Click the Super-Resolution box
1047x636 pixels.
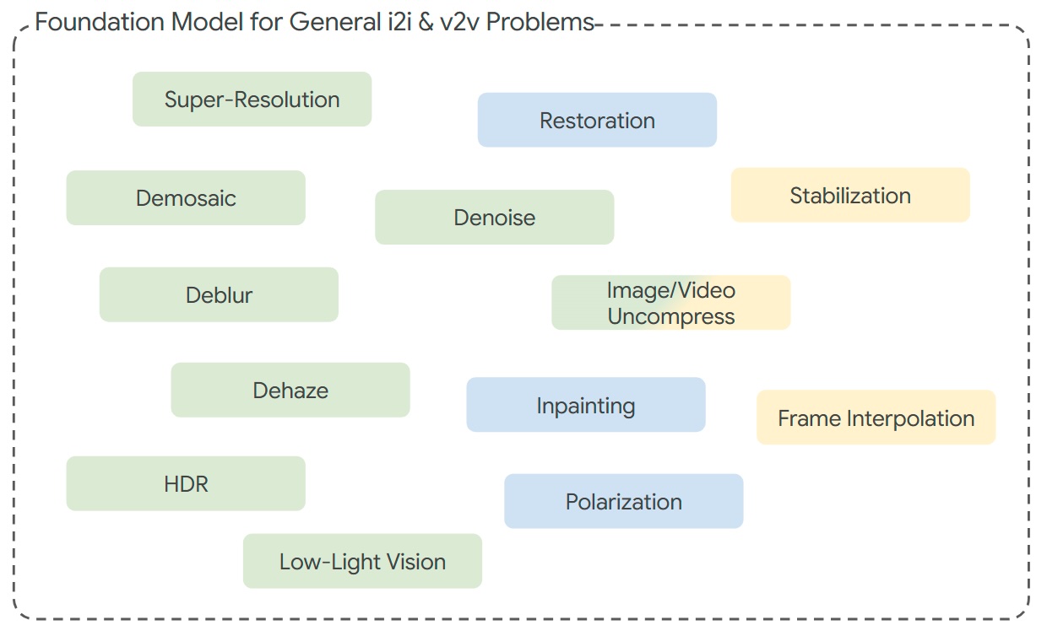(252, 100)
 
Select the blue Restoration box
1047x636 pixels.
(597, 121)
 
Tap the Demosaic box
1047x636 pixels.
(186, 198)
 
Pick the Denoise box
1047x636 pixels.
(494, 218)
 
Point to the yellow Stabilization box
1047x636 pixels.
(850, 196)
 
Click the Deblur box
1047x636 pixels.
(219, 295)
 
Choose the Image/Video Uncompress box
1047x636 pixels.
(670, 303)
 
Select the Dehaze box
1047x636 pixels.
(290, 391)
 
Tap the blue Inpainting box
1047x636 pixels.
(585, 406)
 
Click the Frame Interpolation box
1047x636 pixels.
(876, 418)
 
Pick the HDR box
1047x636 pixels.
(186, 484)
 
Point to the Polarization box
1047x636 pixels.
(623, 502)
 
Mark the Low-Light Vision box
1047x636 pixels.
(362, 562)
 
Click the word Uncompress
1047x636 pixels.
(671, 317)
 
